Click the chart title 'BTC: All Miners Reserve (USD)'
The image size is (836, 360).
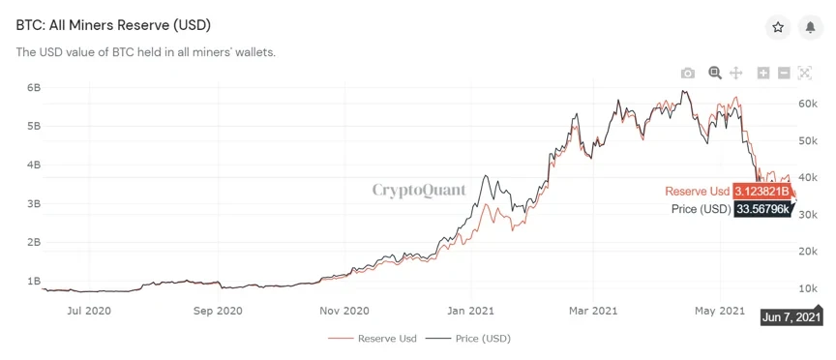point(113,24)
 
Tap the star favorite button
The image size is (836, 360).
point(778,27)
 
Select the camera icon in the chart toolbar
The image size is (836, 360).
point(687,73)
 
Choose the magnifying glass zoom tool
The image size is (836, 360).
point(715,73)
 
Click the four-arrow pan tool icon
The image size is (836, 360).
point(735,73)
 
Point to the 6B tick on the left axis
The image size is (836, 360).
point(33,87)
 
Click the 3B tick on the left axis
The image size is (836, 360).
point(33,204)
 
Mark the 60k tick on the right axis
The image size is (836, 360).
point(810,104)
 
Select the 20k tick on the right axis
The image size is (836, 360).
point(810,252)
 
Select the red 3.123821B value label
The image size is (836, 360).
point(761,191)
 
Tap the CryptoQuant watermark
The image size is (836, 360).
point(419,190)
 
